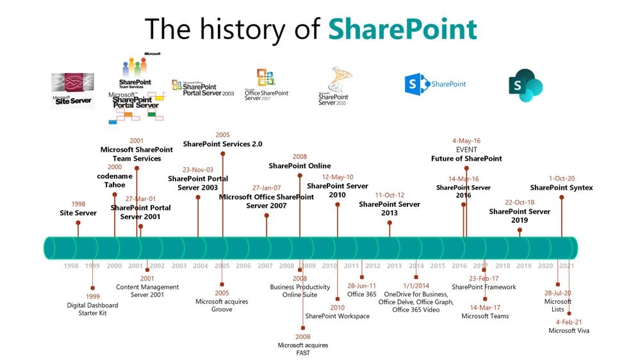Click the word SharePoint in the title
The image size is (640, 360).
403,29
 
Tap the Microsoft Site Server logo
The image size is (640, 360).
72,90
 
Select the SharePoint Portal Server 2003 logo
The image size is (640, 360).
203,88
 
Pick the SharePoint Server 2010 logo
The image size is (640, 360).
335,86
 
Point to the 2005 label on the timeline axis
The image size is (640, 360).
222,266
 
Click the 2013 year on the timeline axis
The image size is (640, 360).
394,266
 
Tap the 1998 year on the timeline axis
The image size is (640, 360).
71,266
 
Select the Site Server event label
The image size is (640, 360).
78,213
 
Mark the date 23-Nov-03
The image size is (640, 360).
198,170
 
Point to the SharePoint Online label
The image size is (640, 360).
300,166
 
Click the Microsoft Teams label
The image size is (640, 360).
485,316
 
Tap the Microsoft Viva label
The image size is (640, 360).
569,331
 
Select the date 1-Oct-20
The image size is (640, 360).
561,179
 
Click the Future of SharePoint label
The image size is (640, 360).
466,158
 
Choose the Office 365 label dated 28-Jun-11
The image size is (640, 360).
362,294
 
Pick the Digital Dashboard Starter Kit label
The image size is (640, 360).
93,309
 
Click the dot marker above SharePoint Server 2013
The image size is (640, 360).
390,223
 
